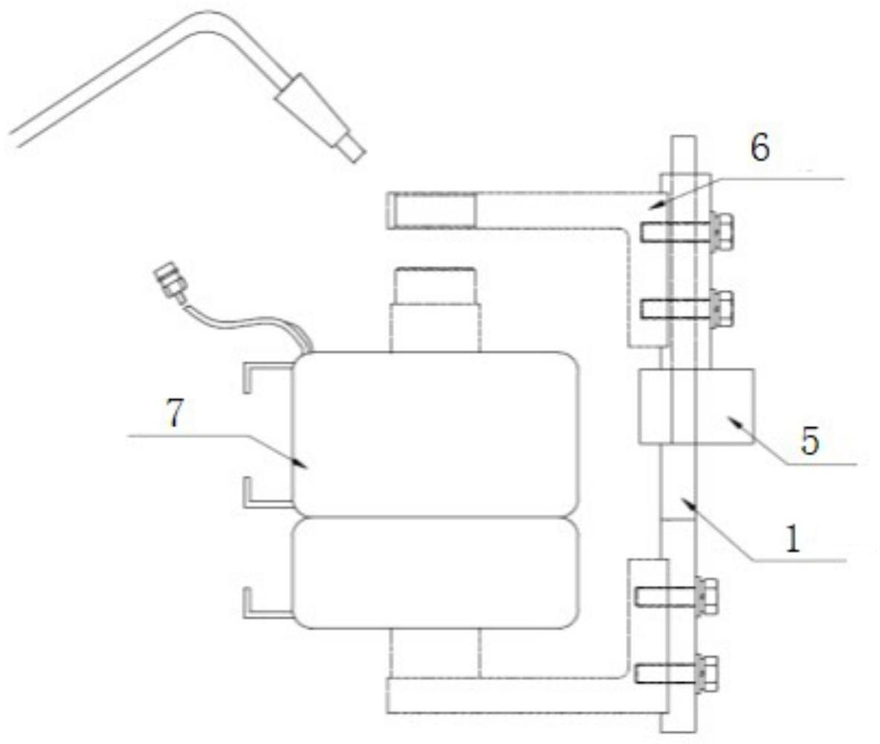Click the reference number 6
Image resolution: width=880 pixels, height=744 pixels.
coord(760,149)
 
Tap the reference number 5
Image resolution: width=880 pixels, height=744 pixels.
coord(809,441)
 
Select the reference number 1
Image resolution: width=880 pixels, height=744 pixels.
coord(793,539)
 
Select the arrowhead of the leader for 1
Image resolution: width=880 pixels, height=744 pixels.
coord(687,504)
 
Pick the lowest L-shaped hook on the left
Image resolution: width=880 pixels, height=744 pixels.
coord(260,604)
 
